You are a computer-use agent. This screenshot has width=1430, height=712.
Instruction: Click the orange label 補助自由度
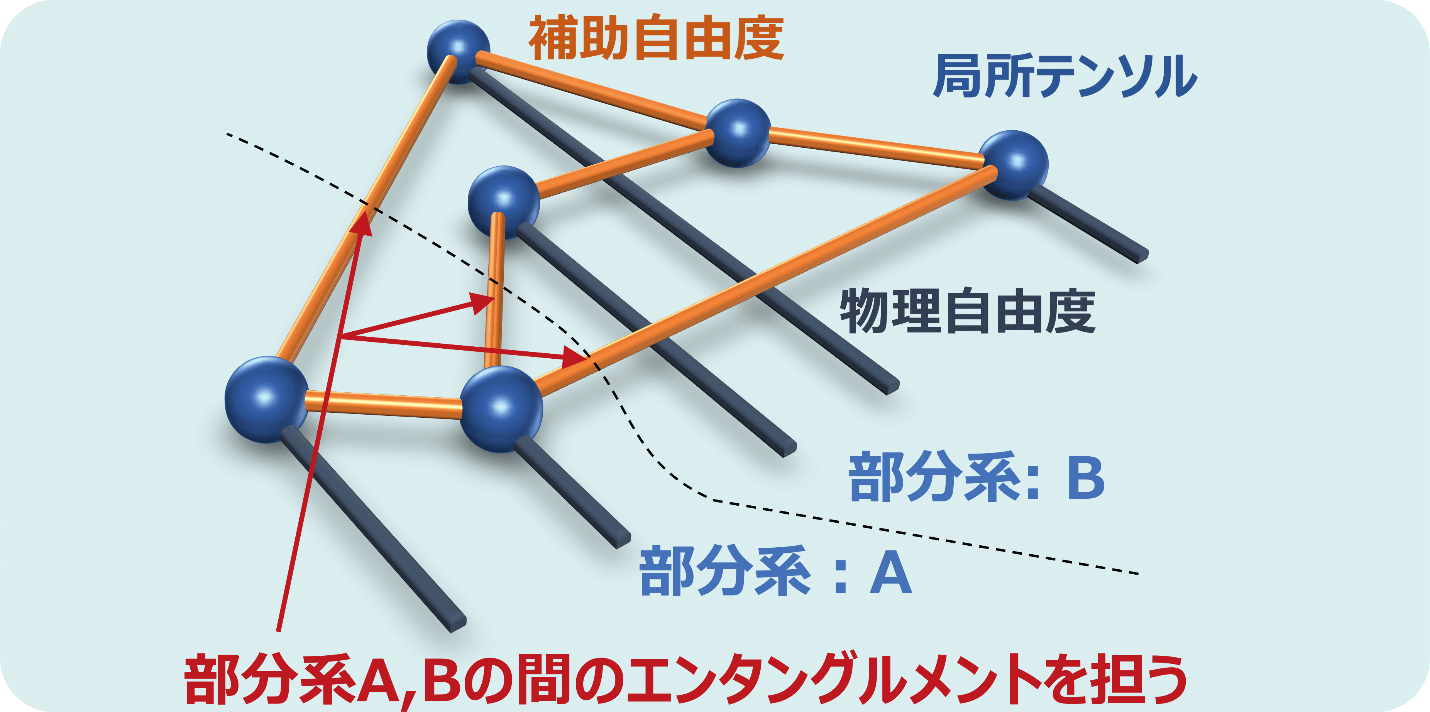point(656,38)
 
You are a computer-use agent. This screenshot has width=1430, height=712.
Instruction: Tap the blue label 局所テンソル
point(1065,76)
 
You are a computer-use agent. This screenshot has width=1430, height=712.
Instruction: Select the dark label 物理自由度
point(968,311)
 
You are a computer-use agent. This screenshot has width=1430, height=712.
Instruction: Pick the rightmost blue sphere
point(1014,165)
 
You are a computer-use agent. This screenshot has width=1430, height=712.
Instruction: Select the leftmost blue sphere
point(266,400)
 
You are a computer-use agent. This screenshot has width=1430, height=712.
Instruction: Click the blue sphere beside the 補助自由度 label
point(459,52)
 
